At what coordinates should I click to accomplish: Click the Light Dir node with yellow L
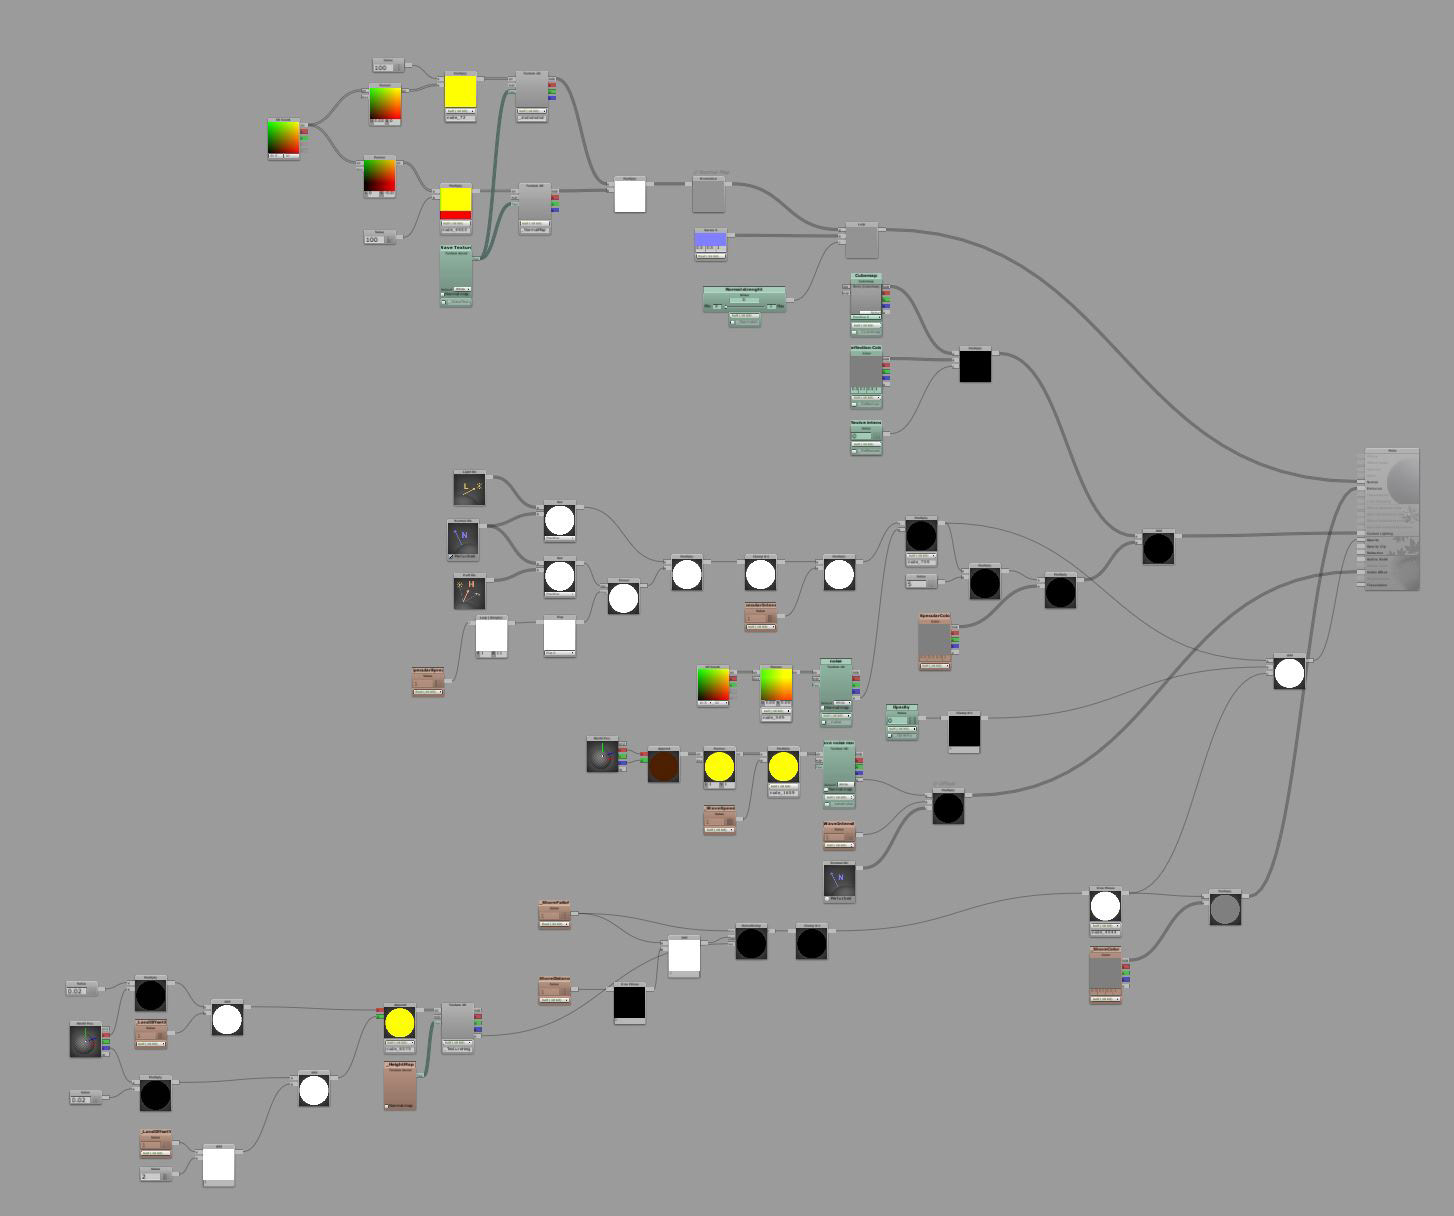pos(469,489)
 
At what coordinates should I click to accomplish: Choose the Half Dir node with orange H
pos(469,591)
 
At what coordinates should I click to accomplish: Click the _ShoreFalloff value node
pos(554,914)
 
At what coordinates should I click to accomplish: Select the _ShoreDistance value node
pos(554,990)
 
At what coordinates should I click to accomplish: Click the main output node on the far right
pos(1392,519)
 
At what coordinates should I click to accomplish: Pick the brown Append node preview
pos(663,765)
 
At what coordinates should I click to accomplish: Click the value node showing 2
pos(155,1174)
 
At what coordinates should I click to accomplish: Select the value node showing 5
pos(921,581)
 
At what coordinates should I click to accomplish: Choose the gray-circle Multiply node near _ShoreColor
pos(1225,908)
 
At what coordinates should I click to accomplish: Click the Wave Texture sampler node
pos(456,276)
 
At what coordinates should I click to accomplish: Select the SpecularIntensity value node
pos(760,617)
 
